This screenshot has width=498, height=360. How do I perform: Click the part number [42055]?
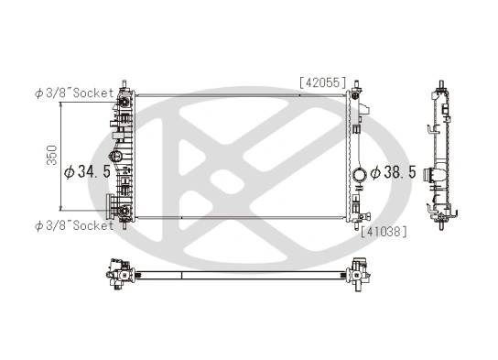(x=321, y=82)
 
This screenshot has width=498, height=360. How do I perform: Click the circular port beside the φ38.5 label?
(x=360, y=173)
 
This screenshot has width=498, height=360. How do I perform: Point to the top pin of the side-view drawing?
(x=443, y=87)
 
